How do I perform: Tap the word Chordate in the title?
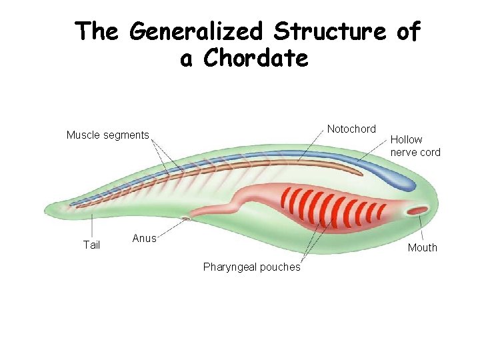tap(256, 59)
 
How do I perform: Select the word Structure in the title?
tap(329, 31)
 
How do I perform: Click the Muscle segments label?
tap(107, 135)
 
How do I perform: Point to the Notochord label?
tap(351, 129)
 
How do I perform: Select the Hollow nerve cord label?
tap(415, 146)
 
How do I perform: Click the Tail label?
tap(91, 245)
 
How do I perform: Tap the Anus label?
tap(144, 238)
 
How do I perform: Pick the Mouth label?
tap(423, 247)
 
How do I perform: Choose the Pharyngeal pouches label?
tap(251, 267)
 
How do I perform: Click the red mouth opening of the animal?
tap(418, 211)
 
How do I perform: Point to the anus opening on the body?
tap(189, 217)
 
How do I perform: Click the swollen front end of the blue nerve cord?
tap(400, 179)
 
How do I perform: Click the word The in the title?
tap(97, 31)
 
